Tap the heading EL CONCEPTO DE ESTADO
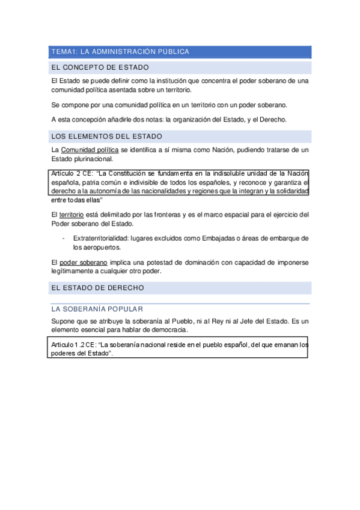pyautogui.click(x=100, y=68)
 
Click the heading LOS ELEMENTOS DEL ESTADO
pyautogui.click(x=107, y=137)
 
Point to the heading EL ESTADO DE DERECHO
pyautogui.click(x=98, y=288)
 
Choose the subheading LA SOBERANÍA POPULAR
pyautogui.click(x=97, y=309)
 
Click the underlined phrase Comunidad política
pyautogui.click(x=90, y=150)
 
